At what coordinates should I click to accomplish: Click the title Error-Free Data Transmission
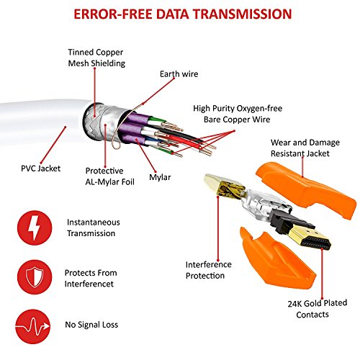click(x=183, y=14)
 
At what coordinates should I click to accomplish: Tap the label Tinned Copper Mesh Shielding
click(x=96, y=58)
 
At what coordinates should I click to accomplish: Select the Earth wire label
click(x=179, y=74)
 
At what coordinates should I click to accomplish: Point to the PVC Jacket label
click(x=40, y=168)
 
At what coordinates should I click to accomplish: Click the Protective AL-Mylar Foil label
click(x=109, y=176)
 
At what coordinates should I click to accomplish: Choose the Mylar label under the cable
click(x=160, y=177)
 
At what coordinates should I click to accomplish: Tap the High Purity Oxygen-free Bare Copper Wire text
click(x=238, y=114)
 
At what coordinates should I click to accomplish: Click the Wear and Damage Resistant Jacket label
click(x=305, y=148)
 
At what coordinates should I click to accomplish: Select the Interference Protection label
click(x=209, y=270)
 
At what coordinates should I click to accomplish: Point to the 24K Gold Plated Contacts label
click(x=318, y=309)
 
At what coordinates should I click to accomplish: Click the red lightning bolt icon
click(x=35, y=228)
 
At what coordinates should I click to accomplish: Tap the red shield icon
click(x=35, y=277)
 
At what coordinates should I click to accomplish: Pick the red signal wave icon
click(x=33, y=326)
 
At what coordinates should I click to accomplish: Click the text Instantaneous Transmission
click(x=94, y=228)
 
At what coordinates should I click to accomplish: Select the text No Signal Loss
click(x=91, y=325)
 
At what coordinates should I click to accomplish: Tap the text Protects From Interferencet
click(x=91, y=279)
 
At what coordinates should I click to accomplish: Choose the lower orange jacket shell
click(x=276, y=259)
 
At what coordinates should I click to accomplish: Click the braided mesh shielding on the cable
click(x=94, y=120)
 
